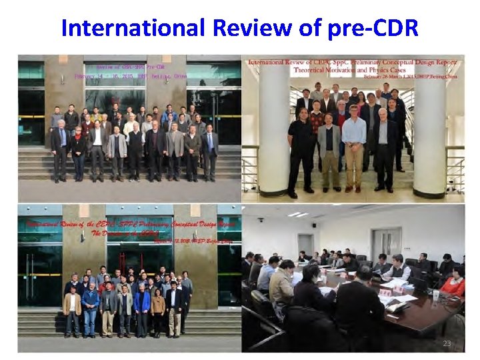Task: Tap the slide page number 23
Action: click(x=446, y=343)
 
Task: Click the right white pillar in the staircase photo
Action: click(x=429, y=133)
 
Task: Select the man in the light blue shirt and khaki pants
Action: click(x=354, y=150)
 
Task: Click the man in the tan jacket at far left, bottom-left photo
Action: click(x=73, y=309)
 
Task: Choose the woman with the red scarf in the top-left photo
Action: click(x=79, y=151)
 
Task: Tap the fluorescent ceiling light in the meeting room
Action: click(x=297, y=214)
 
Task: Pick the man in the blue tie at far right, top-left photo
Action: click(x=209, y=151)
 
